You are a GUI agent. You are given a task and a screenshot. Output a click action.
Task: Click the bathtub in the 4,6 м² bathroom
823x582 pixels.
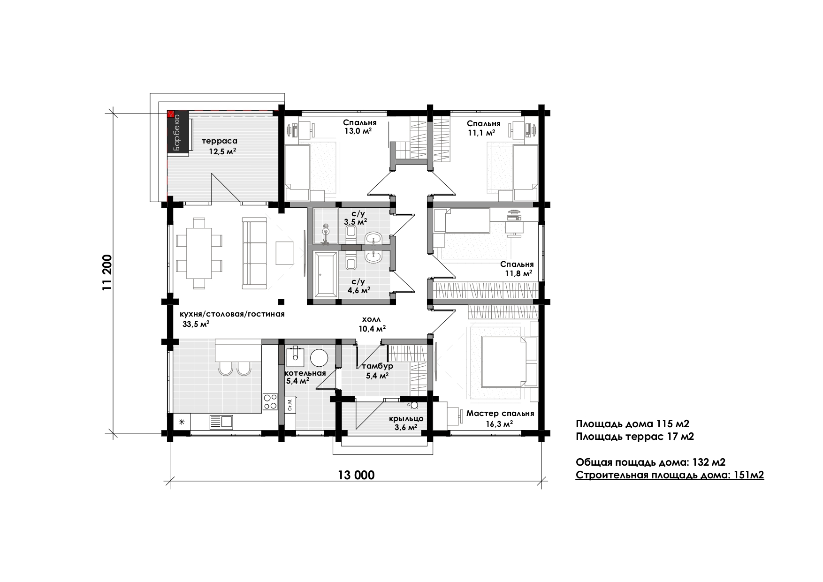(325, 274)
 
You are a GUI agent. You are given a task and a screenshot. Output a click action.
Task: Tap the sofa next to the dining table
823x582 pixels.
(254, 253)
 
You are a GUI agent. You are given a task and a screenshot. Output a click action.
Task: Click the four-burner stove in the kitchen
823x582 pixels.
(270, 402)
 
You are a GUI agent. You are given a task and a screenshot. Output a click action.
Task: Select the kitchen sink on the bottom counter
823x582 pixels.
(221, 422)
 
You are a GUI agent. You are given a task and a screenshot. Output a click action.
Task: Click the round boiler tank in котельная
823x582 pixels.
(320, 358)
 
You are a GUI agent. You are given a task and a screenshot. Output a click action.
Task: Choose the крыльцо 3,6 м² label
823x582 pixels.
(406, 423)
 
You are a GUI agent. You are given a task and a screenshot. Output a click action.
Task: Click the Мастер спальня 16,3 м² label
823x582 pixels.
(500, 418)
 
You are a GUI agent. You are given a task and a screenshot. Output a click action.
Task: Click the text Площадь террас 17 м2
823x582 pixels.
(635, 437)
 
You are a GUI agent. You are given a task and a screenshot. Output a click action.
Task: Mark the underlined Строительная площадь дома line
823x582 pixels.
(670, 476)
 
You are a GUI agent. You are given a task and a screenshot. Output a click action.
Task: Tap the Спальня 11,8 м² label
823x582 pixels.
(517, 268)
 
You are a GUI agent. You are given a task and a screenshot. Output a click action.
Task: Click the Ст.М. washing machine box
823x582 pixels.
(290, 404)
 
